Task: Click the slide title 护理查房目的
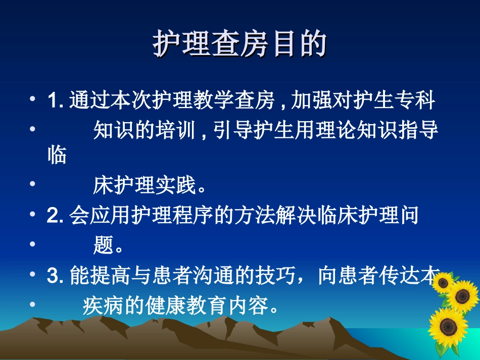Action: tap(239, 45)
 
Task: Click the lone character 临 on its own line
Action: tap(57, 156)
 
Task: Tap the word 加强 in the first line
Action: tap(312, 100)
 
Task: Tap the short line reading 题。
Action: tap(109, 246)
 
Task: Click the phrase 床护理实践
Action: tap(144, 186)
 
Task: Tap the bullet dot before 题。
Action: tap(33, 244)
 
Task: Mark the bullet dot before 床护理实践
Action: tap(33, 184)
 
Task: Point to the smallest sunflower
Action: tap(443, 282)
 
